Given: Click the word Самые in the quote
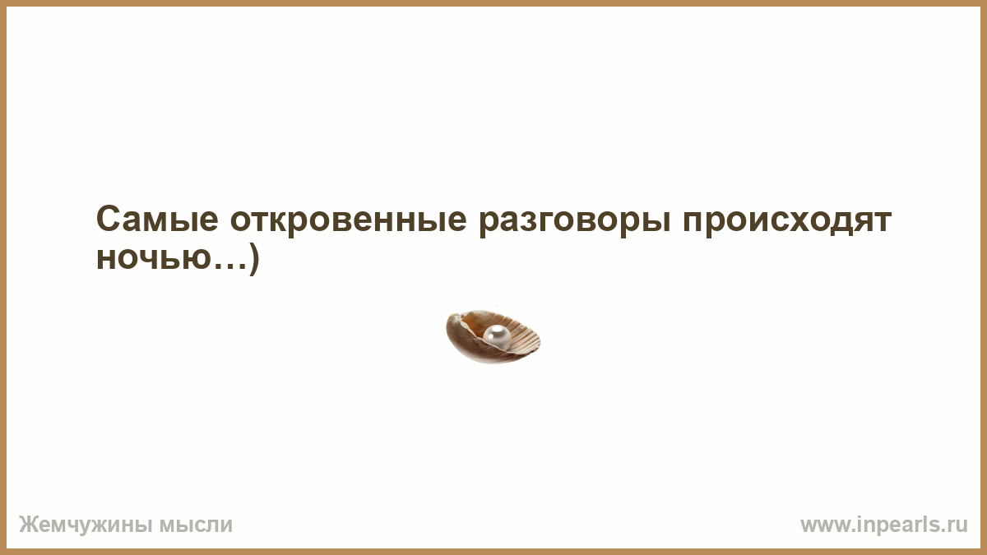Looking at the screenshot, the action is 157,219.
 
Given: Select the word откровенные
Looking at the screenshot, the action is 348,220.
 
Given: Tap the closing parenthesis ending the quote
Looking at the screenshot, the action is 254,259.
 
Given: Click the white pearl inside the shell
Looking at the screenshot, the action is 497,337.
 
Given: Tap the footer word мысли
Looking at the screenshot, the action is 196,525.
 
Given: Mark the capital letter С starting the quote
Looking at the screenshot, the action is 108,219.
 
